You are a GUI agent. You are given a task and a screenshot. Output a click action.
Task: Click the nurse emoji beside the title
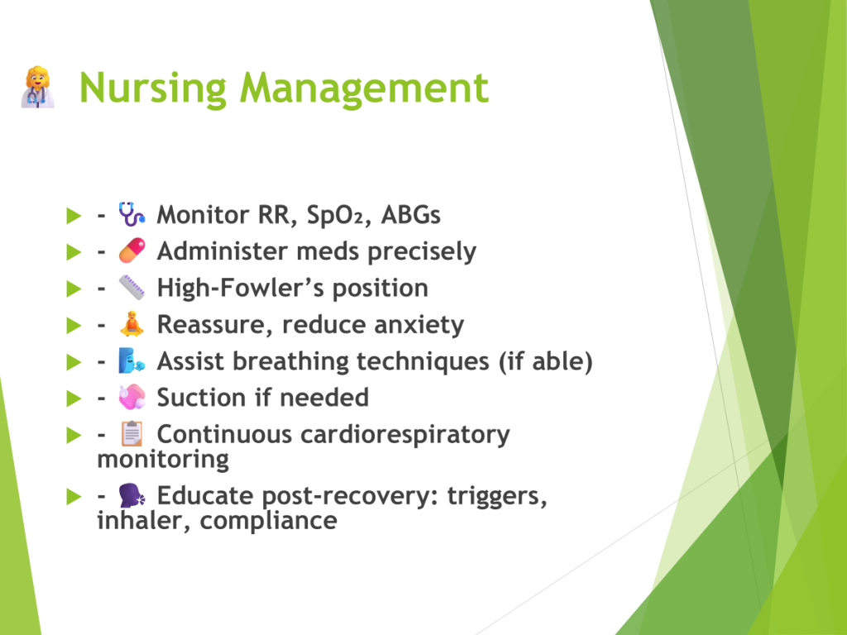(x=38, y=88)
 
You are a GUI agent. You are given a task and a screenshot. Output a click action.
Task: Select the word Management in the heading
(x=364, y=88)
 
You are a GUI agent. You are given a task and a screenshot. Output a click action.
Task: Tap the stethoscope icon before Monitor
(x=132, y=214)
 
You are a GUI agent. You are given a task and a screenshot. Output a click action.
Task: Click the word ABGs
(x=410, y=215)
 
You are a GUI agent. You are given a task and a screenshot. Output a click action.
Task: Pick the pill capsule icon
(x=132, y=251)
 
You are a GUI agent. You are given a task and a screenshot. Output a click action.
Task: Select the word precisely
(x=422, y=252)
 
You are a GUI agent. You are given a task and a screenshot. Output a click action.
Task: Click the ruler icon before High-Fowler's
(x=132, y=287)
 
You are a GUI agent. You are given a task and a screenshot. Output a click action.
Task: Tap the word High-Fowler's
(x=240, y=288)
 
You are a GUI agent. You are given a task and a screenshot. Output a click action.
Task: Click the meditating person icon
(x=132, y=324)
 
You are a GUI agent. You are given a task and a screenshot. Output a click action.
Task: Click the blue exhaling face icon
(x=132, y=360)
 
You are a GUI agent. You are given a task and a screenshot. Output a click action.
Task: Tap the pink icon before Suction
(x=132, y=398)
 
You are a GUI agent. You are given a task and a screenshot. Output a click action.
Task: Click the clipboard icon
(x=132, y=433)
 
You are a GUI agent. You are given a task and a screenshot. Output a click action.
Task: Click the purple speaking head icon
(x=132, y=495)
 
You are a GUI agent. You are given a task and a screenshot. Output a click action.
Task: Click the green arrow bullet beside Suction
(x=74, y=399)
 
